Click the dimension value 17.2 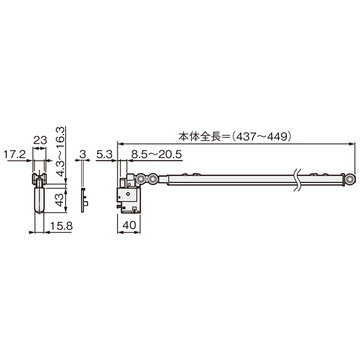point(14,155)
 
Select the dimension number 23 point(40,140)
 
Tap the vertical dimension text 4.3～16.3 point(61,152)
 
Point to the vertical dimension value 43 point(59,200)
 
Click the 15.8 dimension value point(61,226)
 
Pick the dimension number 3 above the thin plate point(83,154)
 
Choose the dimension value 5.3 point(104,155)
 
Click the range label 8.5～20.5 point(157,155)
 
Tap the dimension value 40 point(129,225)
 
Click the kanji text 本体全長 point(199,137)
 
